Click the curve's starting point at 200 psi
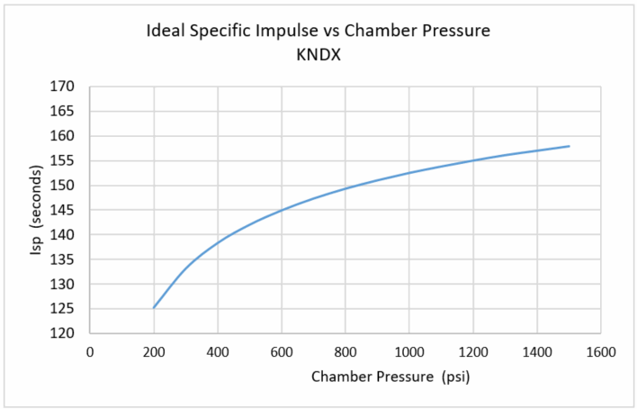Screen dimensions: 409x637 pos(154,308)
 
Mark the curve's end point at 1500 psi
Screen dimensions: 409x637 pos(570,146)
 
